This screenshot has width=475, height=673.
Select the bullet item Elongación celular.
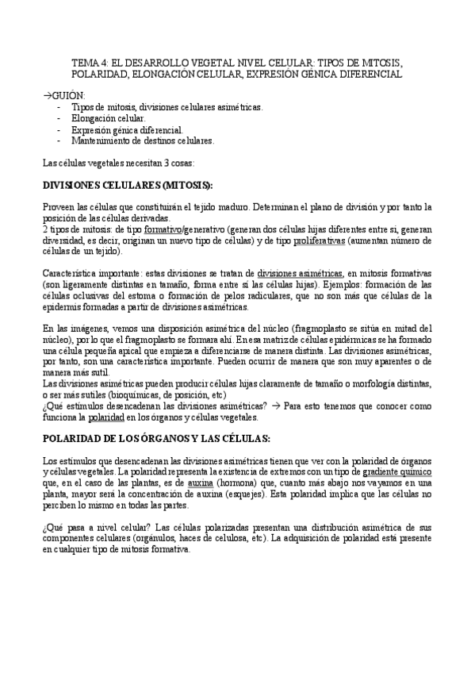108,117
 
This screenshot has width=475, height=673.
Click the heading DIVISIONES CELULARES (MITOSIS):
127,185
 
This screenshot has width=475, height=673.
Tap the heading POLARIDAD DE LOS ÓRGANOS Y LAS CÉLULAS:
156,438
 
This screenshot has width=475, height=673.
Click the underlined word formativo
164,229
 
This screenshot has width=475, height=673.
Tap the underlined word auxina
202,483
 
